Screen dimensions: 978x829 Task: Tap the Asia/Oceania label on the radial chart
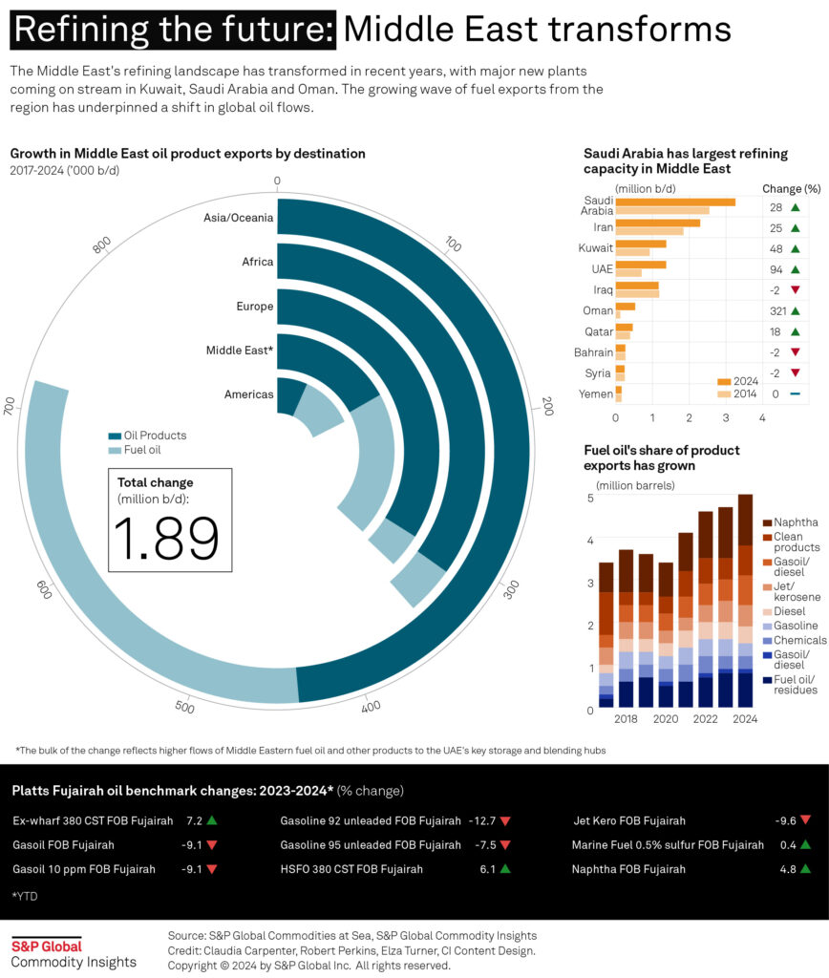click(x=238, y=218)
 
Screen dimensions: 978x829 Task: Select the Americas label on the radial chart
click(x=248, y=394)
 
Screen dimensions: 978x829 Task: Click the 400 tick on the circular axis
click(x=372, y=706)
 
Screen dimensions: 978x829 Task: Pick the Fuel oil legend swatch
click(x=115, y=450)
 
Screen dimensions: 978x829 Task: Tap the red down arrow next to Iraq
click(x=795, y=289)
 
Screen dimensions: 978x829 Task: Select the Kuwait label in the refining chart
click(x=596, y=247)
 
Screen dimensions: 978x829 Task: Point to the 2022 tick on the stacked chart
click(x=706, y=718)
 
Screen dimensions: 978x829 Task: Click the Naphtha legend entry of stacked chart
click(x=795, y=521)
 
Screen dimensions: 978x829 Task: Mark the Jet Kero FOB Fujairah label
click(x=628, y=820)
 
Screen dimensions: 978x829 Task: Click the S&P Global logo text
click(x=46, y=946)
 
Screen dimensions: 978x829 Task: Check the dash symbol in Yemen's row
click(x=795, y=393)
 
